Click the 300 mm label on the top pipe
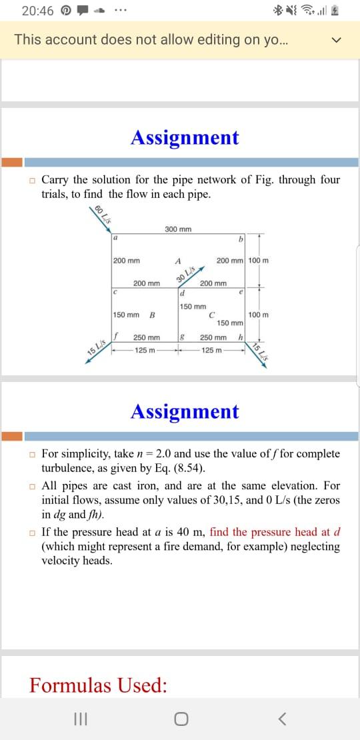178,229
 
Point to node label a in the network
115,237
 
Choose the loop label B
152,315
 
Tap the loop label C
211,315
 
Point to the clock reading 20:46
37,11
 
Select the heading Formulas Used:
98,685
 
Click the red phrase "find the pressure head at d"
275,532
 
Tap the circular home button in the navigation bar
180,719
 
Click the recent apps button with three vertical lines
79,719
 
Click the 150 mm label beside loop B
126,315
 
